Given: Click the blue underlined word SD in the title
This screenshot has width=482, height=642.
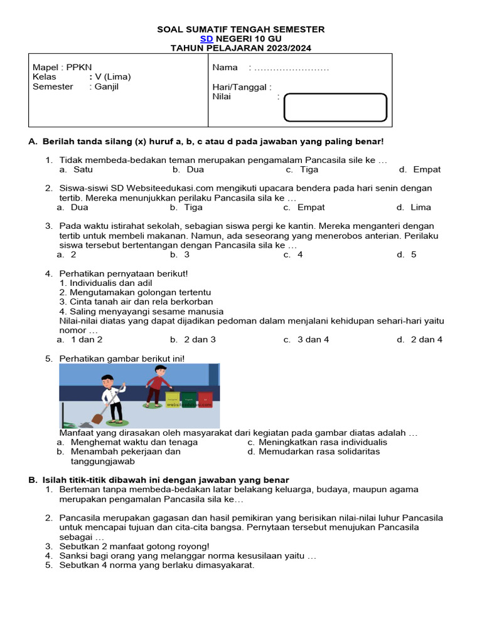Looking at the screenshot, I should pos(207,39).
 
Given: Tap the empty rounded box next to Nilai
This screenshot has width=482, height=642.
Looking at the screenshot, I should pos(335,107).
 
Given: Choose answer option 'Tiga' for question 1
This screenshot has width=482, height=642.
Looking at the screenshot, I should pos(309,169).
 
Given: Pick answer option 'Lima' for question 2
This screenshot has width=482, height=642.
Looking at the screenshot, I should pos(420,207).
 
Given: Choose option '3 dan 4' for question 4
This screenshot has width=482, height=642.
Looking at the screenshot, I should pos(313,339).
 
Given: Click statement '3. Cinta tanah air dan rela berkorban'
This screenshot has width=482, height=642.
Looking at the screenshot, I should pos(136,302).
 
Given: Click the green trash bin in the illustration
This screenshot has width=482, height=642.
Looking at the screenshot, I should pos(189,398).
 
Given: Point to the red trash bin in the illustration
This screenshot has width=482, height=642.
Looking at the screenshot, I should pos(205,398).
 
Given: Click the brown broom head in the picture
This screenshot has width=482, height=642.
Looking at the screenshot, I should pos(98,418).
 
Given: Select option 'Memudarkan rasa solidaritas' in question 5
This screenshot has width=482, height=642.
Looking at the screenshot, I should pos(319,451).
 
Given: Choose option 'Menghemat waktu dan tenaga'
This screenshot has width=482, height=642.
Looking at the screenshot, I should pos(134,442).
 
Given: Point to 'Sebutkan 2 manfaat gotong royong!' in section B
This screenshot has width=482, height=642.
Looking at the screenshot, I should pos(134,546).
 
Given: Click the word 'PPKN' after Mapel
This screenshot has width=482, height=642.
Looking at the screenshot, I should pos(78,68).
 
